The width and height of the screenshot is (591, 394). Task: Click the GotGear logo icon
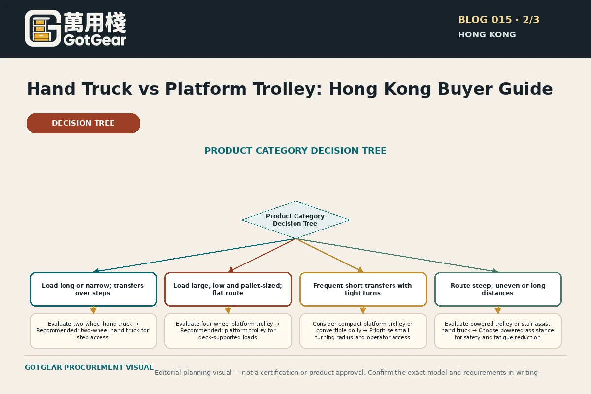click(x=43, y=29)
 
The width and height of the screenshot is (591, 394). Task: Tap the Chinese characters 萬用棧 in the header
click(x=95, y=22)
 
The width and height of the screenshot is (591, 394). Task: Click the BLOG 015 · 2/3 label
click(x=498, y=20)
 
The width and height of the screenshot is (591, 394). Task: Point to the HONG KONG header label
click(x=487, y=34)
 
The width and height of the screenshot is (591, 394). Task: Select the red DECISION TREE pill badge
click(x=83, y=123)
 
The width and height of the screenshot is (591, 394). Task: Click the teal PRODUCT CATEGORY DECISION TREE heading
click(x=295, y=150)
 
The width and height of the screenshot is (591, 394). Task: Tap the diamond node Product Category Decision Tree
click(x=295, y=220)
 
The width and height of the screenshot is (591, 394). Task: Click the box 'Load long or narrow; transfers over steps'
click(x=93, y=289)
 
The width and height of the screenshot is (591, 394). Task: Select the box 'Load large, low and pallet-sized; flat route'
click(x=228, y=289)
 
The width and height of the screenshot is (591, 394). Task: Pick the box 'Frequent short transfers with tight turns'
click(x=363, y=289)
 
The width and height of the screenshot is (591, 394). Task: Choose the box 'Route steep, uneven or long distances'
click(x=498, y=289)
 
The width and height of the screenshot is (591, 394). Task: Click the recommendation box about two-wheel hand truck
click(x=93, y=331)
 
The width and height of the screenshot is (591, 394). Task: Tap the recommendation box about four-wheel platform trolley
click(x=228, y=331)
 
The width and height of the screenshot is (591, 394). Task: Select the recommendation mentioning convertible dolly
click(x=363, y=331)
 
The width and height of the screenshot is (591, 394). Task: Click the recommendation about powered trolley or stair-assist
click(x=498, y=331)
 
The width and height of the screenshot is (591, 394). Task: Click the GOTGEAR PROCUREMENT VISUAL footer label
click(x=89, y=367)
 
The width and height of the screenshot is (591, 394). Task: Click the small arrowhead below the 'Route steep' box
click(x=498, y=310)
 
